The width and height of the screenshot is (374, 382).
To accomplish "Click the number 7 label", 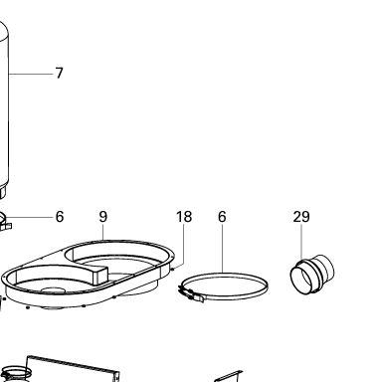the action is (x=59, y=73).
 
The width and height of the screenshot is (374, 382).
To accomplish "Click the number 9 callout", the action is (x=103, y=217).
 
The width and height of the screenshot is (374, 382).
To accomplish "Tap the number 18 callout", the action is (x=184, y=217).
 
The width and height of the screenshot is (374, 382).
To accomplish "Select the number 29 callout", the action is (x=301, y=217).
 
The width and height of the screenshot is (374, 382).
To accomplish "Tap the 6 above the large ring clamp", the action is (x=222, y=217).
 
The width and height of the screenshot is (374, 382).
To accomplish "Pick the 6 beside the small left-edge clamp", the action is (x=60, y=217).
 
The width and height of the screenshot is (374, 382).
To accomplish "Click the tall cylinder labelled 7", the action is (x=4, y=106).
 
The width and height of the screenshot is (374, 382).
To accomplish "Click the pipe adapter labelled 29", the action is (x=312, y=275).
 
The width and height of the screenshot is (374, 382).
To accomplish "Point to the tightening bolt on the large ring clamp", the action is (x=191, y=293).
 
